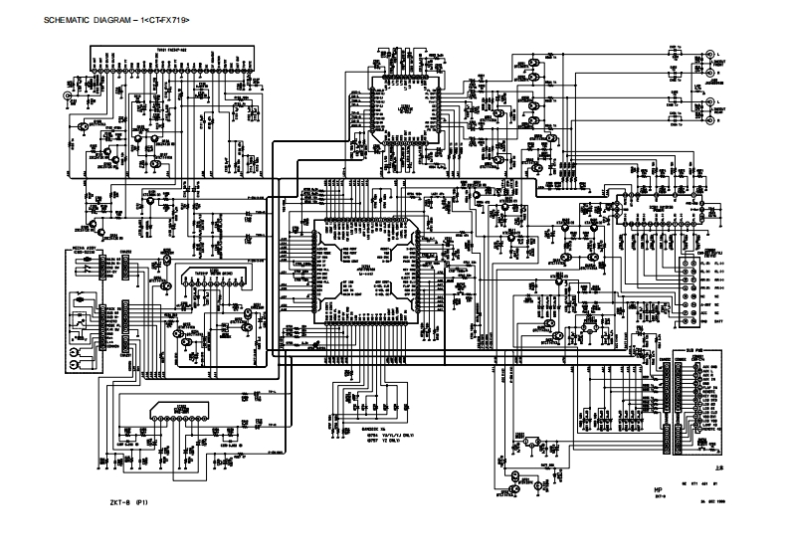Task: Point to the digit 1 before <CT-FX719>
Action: (147, 21)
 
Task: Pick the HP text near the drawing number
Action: (658, 489)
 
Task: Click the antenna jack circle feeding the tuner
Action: (68, 95)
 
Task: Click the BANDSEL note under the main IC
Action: (356, 428)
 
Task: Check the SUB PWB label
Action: (695, 349)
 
